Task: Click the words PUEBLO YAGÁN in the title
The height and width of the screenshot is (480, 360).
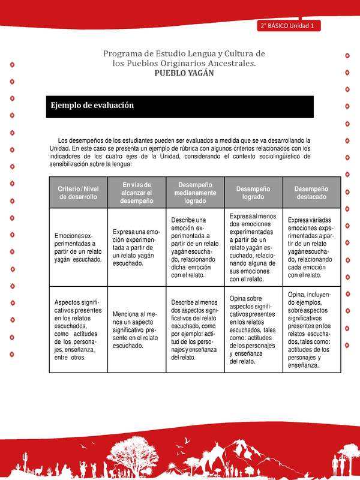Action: coord(184,73)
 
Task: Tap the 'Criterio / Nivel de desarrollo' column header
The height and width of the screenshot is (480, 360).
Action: coord(78,193)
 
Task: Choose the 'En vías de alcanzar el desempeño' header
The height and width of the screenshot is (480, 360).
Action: coord(137,193)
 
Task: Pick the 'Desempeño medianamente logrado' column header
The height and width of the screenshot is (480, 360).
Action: coord(196,193)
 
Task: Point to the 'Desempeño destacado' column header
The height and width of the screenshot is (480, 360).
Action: coord(311,193)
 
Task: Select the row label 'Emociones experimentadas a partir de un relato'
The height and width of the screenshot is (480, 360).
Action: coord(78,247)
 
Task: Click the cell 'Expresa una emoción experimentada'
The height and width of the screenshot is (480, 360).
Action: coord(137,247)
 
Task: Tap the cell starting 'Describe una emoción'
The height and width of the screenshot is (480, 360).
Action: coord(196,247)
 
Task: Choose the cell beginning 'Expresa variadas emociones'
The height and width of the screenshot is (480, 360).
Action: coord(311,247)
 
